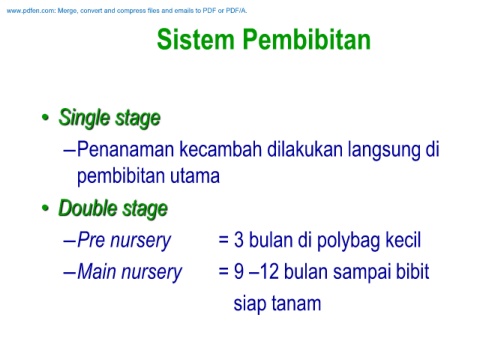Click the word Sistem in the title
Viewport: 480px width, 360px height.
[196, 40]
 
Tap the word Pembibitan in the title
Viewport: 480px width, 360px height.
[307, 40]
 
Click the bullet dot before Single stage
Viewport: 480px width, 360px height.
[45, 117]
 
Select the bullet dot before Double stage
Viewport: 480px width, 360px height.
[45, 208]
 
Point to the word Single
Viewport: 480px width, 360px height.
[84, 118]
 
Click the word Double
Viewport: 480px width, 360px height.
[88, 208]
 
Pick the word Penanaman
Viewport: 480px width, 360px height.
[126, 149]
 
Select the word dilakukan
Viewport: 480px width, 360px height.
[305, 149]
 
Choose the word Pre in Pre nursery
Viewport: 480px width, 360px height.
[91, 240]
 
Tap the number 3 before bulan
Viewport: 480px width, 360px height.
[238, 240]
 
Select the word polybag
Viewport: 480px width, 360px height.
[348, 241]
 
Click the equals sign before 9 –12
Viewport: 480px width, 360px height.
[223, 271]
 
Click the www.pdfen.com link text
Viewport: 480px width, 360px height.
[30, 11]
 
